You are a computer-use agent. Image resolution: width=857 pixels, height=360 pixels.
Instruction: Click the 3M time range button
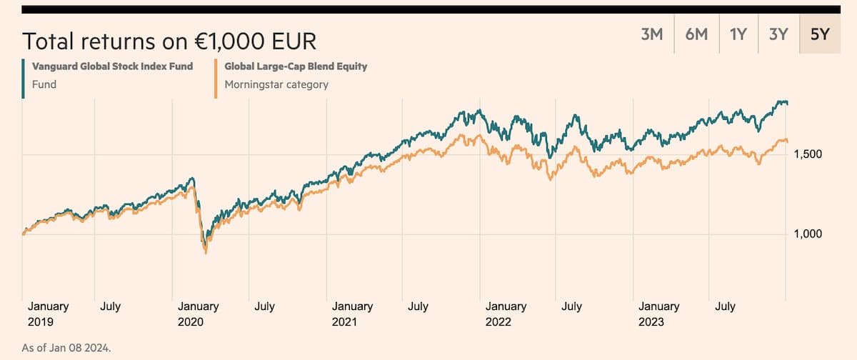point(652,34)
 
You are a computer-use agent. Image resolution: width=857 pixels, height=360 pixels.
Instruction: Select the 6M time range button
point(696,34)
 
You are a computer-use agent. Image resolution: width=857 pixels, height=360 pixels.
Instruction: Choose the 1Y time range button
point(738,34)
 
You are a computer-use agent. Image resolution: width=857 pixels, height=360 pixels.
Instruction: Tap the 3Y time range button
point(778,34)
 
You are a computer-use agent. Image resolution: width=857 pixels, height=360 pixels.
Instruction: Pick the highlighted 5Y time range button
point(820,34)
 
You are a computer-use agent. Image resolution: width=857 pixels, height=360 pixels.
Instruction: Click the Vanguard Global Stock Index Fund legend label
point(113,66)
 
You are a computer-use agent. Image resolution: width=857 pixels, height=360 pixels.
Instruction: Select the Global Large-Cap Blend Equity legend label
point(296,66)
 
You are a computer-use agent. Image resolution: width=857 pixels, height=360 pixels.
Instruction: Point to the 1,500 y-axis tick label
point(807,154)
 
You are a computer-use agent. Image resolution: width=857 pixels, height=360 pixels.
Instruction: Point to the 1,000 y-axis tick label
point(807,234)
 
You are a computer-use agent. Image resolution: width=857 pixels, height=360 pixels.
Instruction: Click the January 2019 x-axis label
point(49,314)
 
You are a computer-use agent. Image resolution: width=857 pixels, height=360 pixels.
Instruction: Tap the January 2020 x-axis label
point(198,314)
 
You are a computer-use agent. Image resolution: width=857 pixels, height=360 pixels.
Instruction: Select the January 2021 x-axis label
point(352,314)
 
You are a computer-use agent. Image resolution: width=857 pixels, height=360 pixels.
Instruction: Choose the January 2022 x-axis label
point(506,314)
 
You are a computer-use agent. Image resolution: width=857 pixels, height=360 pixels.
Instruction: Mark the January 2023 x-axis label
point(659,314)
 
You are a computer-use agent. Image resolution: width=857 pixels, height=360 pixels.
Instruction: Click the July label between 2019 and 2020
point(110,306)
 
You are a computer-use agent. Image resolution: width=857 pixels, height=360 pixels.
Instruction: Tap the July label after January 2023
point(725,306)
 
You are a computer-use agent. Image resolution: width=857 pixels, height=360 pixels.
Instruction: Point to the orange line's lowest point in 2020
point(206,253)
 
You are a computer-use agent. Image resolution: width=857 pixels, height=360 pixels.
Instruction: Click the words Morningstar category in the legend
point(276,84)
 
